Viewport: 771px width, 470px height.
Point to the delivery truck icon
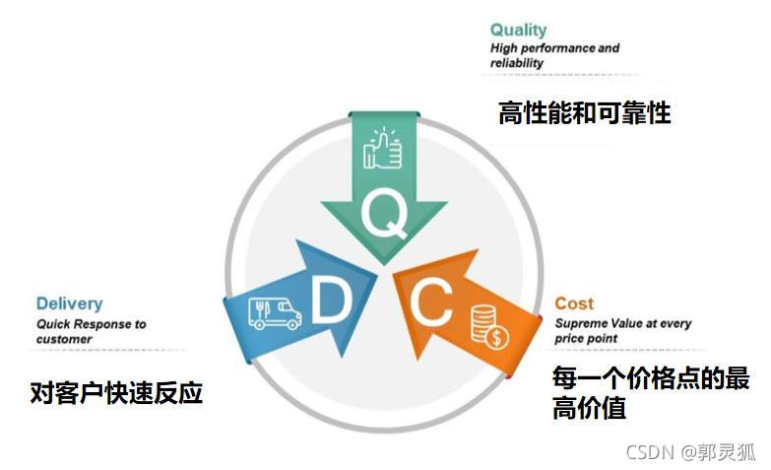click(274, 312)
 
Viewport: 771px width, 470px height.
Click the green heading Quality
click(518, 31)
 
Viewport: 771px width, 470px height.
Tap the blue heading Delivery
click(69, 303)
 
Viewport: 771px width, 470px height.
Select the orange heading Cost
click(574, 303)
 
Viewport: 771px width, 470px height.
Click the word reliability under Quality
click(517, 63)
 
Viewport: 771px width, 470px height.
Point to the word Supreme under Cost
click(580, 323)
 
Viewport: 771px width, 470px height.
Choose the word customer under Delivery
click(64, 339)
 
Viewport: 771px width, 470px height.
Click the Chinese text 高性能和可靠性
click(584, 113)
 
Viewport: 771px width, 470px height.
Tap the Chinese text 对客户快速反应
click(116, 393)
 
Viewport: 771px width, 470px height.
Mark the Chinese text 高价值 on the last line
click(589, 407)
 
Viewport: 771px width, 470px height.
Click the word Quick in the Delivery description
click(55, 323)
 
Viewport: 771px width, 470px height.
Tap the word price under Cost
click(571, 339)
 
